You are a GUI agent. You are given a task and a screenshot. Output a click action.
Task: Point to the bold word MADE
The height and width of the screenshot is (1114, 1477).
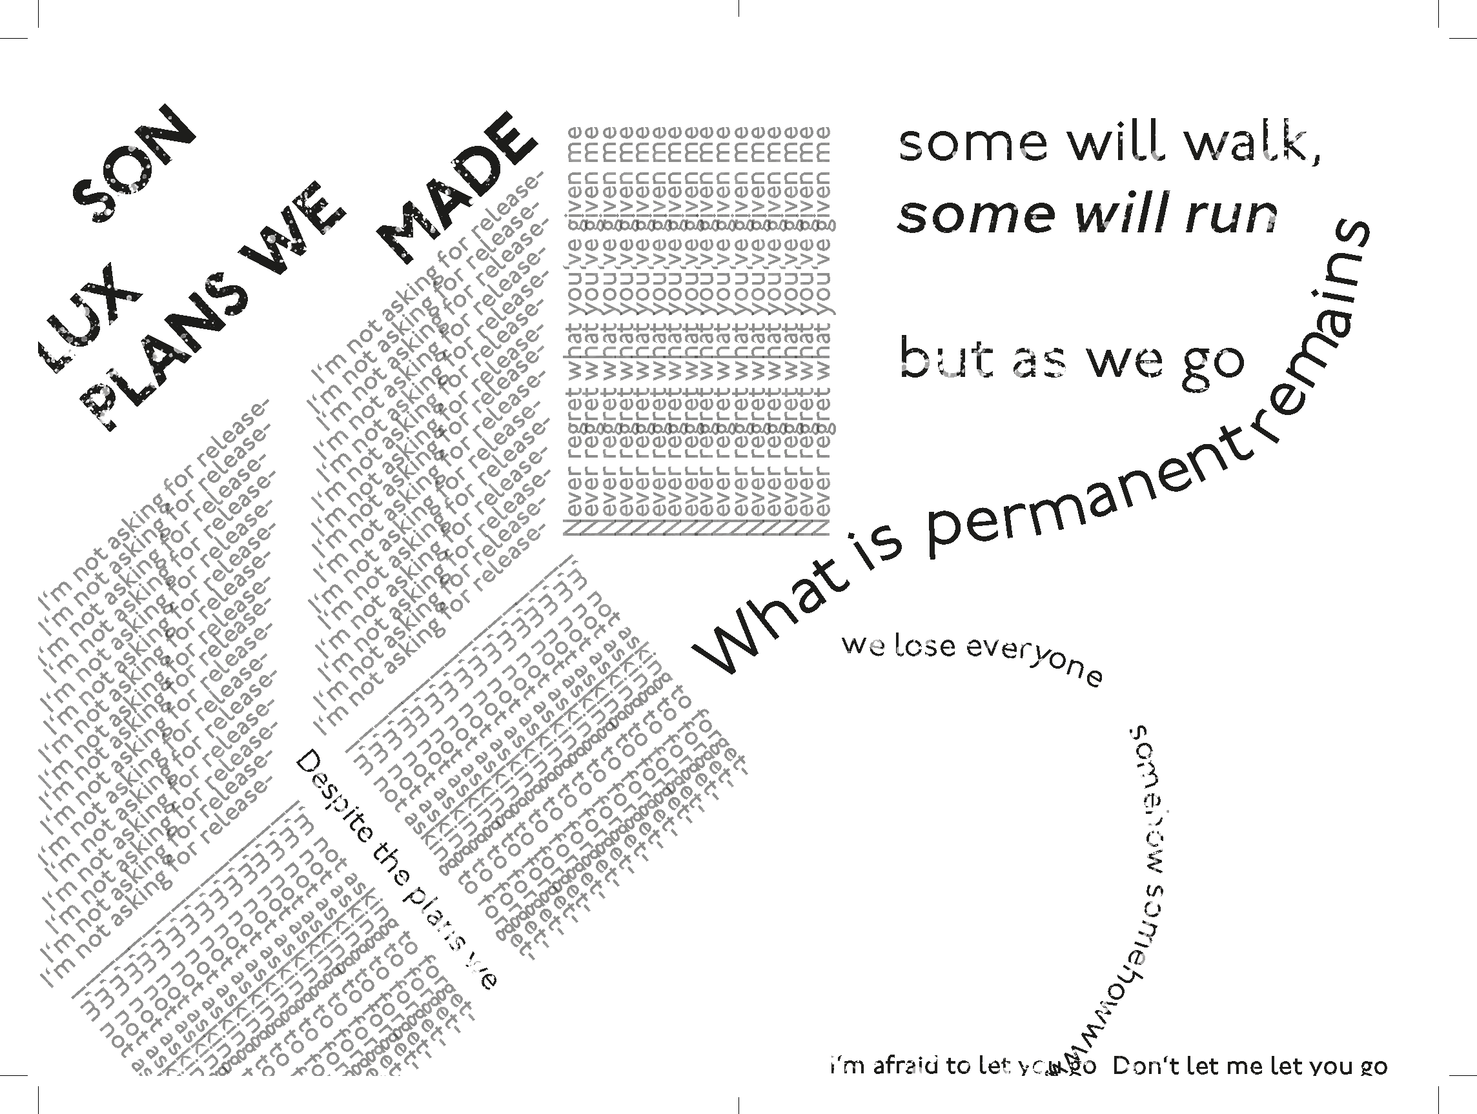[458, 187]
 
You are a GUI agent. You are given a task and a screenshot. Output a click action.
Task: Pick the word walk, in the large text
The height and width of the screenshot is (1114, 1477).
[1256, 143]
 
